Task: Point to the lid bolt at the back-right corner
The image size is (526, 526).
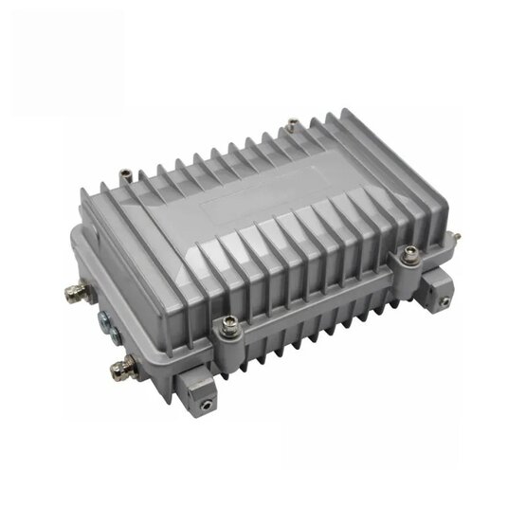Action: [293, 122]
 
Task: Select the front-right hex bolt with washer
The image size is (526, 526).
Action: [409, 254]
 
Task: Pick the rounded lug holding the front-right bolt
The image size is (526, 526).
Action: [409, 263]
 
